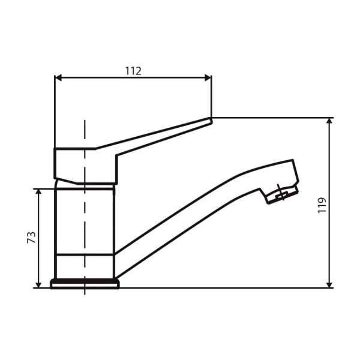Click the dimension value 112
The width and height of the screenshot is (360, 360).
(133, 70)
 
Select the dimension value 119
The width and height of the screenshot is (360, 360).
(322, 205)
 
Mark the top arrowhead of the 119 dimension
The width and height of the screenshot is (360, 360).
(329, 121)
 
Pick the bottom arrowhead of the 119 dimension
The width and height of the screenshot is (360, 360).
(329, 284)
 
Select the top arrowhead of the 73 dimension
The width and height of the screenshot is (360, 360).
(39, 192)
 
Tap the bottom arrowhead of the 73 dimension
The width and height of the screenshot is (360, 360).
(39, 284)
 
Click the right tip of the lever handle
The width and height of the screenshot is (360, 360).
(211, 121)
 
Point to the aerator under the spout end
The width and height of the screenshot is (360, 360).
(281, 194)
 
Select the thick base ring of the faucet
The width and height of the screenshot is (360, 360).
(85, 284)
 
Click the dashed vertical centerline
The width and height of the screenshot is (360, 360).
(85, 228)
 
